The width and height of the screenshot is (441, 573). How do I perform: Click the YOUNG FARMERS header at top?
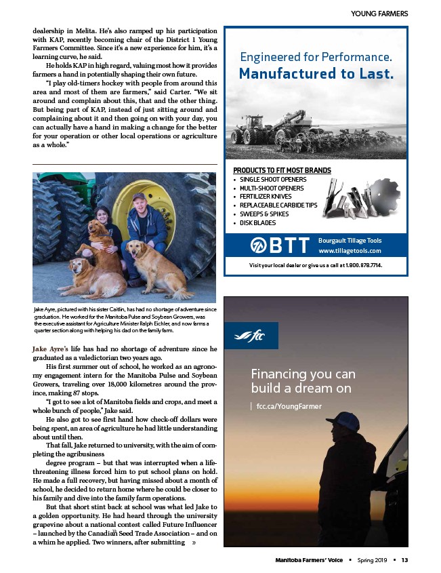(379, 14)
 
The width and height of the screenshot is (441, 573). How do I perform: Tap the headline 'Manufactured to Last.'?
(316, 73)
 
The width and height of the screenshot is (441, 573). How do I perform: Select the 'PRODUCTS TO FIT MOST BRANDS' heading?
(282, 170)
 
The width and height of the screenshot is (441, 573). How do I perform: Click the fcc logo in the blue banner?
(249, 335)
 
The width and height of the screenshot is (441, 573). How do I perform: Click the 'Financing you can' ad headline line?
(303, 374)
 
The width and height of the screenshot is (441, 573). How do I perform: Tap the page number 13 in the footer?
(404, 559)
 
